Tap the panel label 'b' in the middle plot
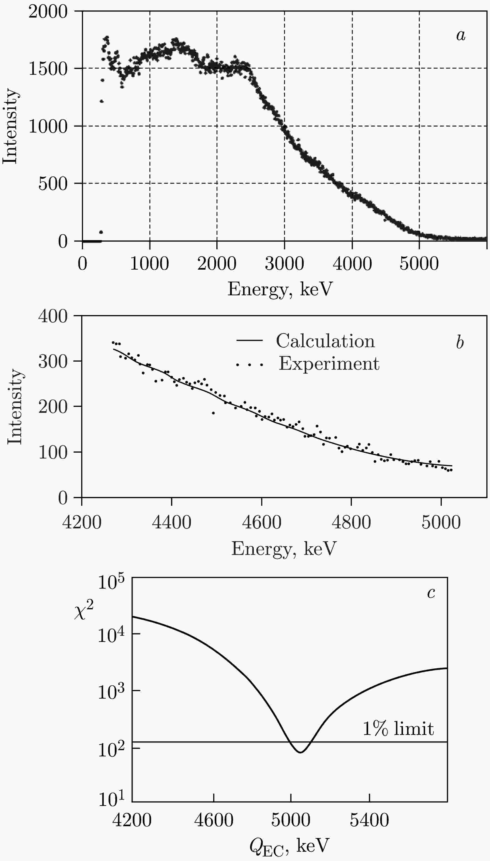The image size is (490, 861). coord(460,342)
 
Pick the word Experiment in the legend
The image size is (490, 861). coord(329,364)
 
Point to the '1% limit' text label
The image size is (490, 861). coord(398,729)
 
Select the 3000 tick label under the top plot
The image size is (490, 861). coord(284,264)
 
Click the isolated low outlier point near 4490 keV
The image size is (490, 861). coord(213,413)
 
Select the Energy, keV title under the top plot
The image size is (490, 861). coord(280,289)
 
